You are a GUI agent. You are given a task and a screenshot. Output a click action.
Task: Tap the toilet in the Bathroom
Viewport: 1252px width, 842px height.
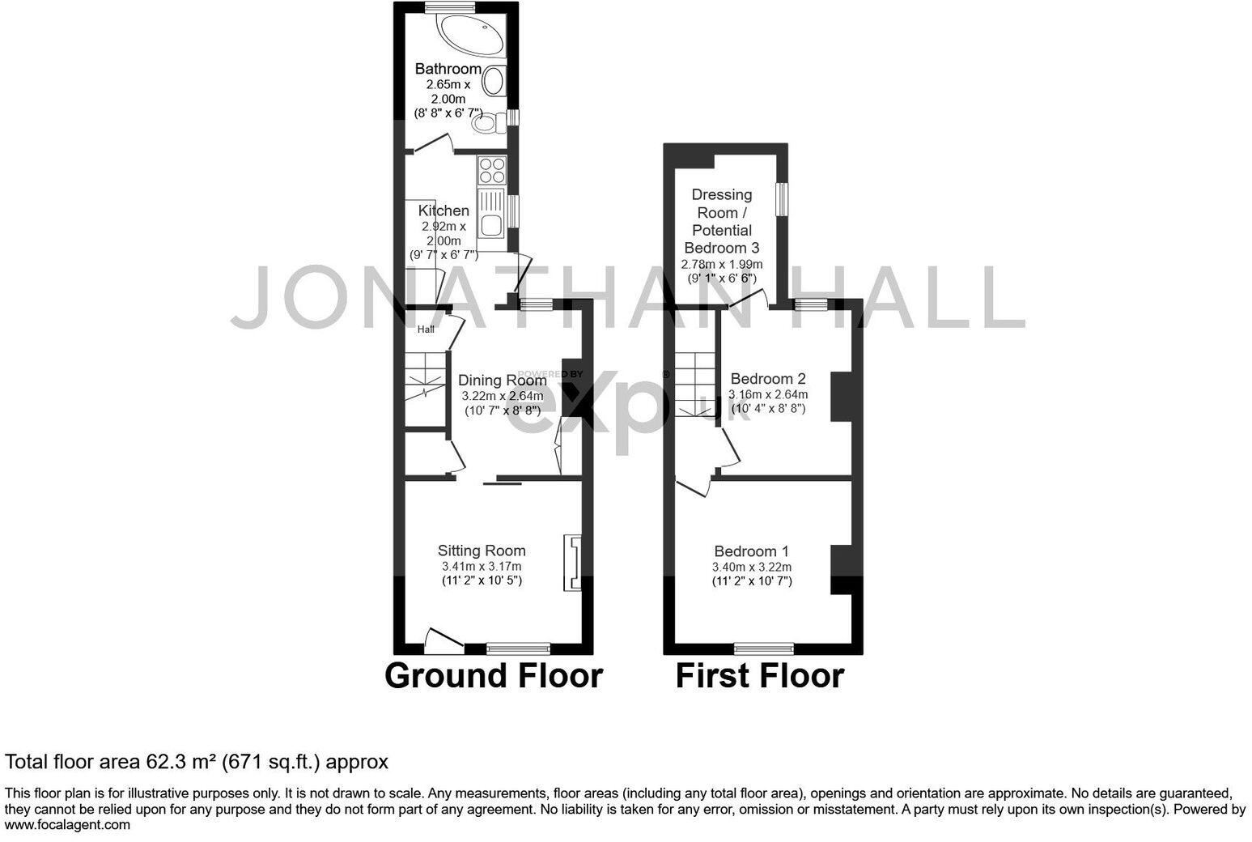pos(487,124)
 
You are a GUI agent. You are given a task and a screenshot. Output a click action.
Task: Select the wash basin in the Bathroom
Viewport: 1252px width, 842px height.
pos(494,82)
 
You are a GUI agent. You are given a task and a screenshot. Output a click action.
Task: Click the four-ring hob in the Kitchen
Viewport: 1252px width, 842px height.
pos(491,171)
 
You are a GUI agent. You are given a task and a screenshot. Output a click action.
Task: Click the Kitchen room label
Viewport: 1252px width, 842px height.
pos(444,210)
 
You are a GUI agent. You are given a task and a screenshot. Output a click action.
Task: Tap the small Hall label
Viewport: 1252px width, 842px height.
pos(426,330)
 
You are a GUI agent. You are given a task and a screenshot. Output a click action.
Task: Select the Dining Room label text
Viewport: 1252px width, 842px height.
pos(502,380)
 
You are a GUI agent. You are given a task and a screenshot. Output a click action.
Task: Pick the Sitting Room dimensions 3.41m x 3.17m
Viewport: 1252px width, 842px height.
pos(482,566)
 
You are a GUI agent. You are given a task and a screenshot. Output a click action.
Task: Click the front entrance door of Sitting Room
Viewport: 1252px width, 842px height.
pos(442,641)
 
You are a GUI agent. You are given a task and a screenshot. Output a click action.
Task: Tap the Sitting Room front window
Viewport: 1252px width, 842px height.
pos(518,648)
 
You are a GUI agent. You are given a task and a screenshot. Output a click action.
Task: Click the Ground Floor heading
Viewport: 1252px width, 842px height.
pos(493,675)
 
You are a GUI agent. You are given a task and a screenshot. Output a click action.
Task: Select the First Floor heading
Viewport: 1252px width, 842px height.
pos(759,675)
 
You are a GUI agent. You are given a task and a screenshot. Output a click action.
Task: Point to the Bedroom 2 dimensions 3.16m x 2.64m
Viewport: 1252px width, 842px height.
pos(767,394)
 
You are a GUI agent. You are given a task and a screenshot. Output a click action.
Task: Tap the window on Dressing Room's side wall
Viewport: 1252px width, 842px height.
pos(782,199)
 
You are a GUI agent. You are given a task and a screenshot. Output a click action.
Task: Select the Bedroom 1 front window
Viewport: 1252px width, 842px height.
pos(763,648)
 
